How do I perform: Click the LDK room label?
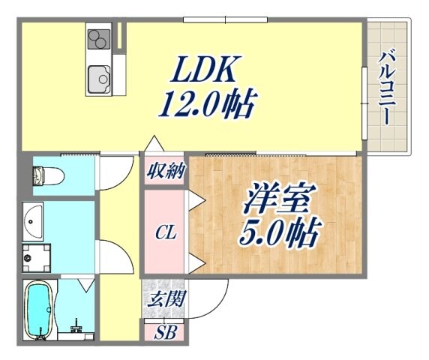pyautogui.click(x=202, y=69)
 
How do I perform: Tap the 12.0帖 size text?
pyautogui.click(x=208, y=104)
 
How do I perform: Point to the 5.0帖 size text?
pyautogui.click(x=279, y=232)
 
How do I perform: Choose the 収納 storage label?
pyautogui.click(x=166, y=171)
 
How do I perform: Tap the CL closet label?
pyautogui.click(x=166, y=233)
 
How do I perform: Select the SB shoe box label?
pyautogui.click(x=165, y=333)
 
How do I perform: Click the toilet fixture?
pyautogui.click(x=49, y=175)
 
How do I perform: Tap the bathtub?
pyautogui.click(x=38, y=310)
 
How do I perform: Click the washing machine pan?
pyautogui.click(x=36, y=258)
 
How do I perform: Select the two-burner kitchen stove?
pyautogui.click(x=99, y=39)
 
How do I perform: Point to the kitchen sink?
pyautogui.click(x=99, y=79)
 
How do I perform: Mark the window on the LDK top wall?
pyautogui.click(x=225, y=19)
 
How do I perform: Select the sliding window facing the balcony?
pyautogui.click(x=364, y=103)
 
